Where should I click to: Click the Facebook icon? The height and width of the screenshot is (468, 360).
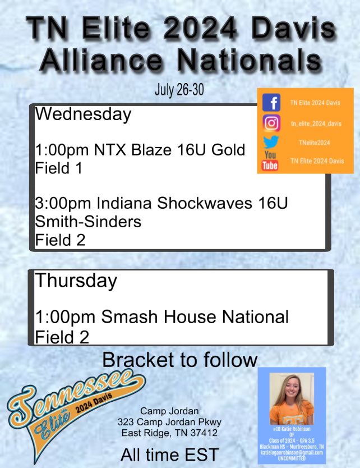click(x=271, y=103)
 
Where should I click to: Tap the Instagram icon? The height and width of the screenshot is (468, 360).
click(x=271, y=122)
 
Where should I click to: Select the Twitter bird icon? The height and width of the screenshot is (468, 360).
click(x=271, y=142)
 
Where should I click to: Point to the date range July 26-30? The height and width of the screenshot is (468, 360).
click(x=179, y=91)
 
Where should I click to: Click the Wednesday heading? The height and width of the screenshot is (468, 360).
click(x=83, y=115)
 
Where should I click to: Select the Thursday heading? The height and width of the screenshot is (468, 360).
click(x=76, y=281)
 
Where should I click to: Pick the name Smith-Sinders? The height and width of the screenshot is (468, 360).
click(x=88, y=222)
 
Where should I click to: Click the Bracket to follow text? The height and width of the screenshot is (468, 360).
click(x=180, y=359)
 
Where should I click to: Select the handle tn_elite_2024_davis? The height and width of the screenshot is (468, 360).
click(x=317, y=123)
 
